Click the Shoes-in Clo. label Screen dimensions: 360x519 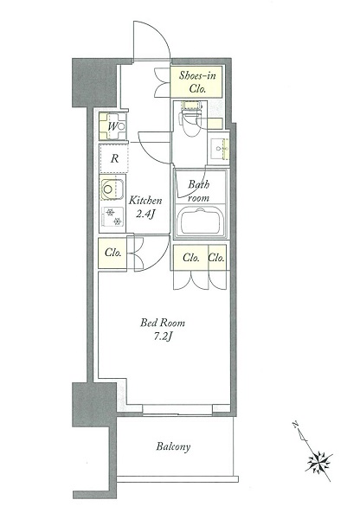196,82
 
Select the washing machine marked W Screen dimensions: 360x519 113,126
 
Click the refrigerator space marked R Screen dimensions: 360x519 114,158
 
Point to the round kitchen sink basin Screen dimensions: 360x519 108,189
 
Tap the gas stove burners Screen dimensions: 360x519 113,217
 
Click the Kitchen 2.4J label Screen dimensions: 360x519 145,208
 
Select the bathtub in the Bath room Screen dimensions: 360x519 201,221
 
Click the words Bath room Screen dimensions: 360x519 199,191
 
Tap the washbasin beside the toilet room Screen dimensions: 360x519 220,149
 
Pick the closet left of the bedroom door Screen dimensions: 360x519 112,253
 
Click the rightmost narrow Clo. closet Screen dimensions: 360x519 217,257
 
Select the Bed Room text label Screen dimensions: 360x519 163,323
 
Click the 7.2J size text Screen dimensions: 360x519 163,336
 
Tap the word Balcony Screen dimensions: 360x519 173,447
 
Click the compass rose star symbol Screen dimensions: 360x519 319,461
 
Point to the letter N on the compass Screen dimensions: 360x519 295,425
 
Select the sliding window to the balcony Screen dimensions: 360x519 177,409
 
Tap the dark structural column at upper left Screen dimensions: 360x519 94,83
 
